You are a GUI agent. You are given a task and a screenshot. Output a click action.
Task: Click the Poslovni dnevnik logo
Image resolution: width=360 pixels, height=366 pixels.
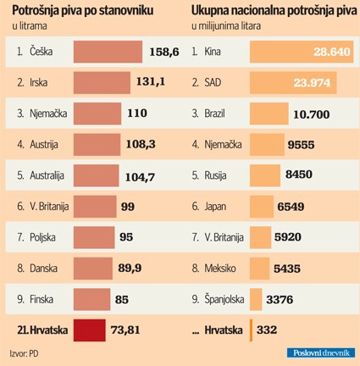[319, 352]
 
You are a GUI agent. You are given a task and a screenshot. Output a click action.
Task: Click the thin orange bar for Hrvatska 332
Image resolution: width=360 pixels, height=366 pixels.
[252, 329]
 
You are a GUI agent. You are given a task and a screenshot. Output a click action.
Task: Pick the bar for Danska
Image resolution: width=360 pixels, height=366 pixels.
[92, 268]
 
